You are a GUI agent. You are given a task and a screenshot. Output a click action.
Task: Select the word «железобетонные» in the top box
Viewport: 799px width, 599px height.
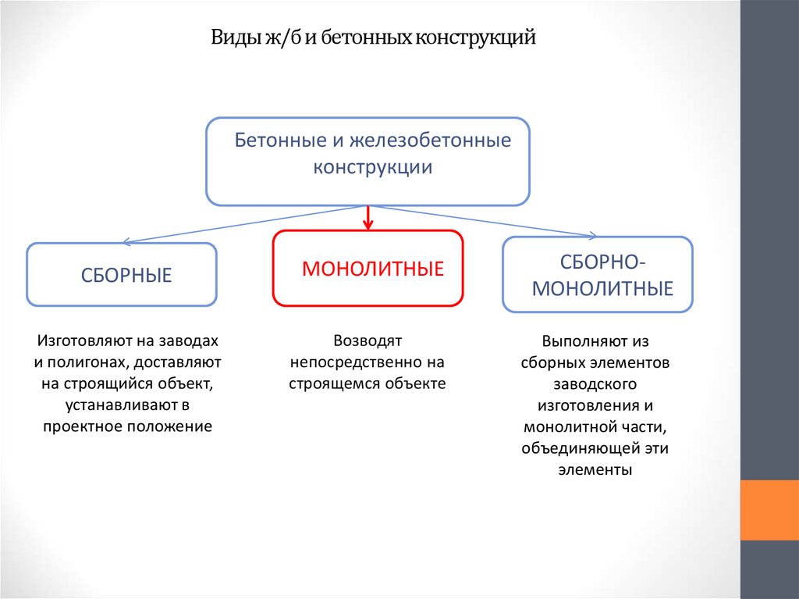430,141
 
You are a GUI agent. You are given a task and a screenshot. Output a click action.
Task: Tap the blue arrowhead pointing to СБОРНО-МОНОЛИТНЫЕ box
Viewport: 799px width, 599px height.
592,234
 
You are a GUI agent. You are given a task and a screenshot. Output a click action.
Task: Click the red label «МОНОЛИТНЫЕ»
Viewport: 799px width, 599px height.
372,269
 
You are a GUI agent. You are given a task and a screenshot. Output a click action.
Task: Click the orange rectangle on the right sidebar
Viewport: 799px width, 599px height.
769,509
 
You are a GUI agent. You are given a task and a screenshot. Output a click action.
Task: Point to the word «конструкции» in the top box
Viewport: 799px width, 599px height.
373,167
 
